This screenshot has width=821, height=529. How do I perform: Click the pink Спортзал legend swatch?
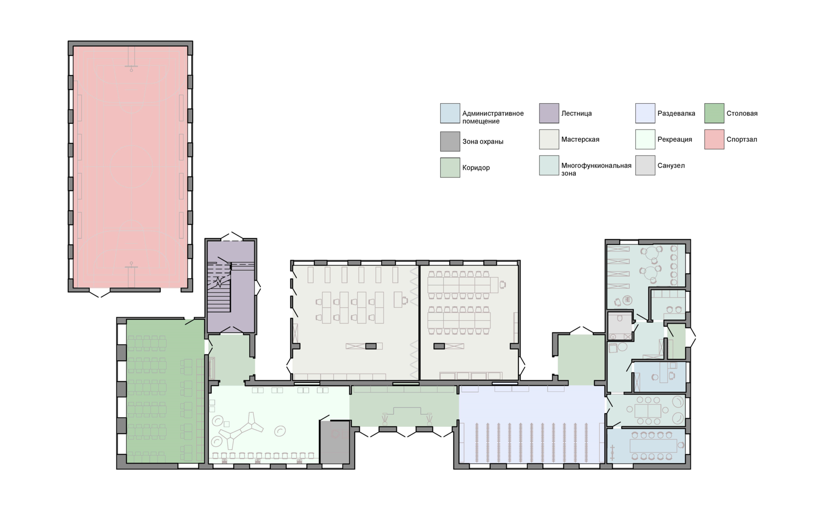[x=714, y=139]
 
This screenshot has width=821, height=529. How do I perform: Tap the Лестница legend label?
[x=577, y=113]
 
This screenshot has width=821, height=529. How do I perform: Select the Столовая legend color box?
[x=714, y=113]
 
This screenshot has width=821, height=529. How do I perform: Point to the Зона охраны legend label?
[x=483, y=142]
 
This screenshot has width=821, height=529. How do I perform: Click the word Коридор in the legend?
[x=476, y=168]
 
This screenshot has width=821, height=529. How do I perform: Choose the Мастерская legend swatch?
[x=549, y=139]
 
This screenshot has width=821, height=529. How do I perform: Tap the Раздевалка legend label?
[x=676, y=113]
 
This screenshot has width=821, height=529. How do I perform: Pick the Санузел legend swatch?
[x=645, y=165]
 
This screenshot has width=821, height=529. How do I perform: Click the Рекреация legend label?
[x=675, y=140]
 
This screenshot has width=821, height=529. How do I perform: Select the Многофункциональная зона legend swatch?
[x=549, y=165]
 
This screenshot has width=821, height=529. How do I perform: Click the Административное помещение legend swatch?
[x=450, y=113]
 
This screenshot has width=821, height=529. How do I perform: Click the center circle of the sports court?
[x=131, y=166]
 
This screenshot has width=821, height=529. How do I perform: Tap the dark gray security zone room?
[x=335, y=442]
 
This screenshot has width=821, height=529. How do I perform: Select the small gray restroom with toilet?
[x=620, y=326]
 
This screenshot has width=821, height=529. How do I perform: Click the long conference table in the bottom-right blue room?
[x=653, y=446]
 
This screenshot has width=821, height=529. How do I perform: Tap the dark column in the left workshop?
[x=370, y=346]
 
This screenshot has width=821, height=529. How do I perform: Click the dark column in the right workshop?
[x=439, y=346]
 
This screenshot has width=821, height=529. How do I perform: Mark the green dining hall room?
[x=165, y=391]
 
